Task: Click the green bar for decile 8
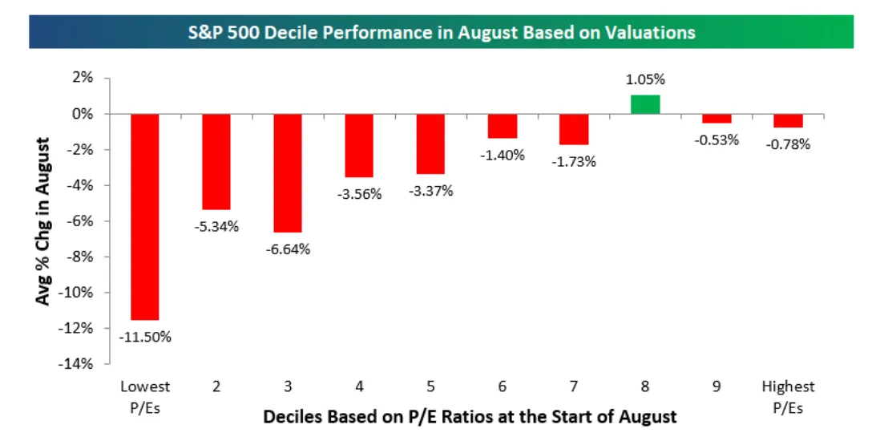645,104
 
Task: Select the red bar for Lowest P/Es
145,216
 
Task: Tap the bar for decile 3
288,172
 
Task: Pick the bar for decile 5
430,144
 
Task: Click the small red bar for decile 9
716,119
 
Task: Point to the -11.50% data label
145,337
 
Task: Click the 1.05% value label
645,80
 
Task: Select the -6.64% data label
288,249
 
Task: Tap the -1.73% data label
574,161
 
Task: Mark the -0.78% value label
789,144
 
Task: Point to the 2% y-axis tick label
83,78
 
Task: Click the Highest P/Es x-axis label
789,394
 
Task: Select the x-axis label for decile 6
503,386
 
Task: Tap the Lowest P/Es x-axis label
145,394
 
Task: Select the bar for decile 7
574,129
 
